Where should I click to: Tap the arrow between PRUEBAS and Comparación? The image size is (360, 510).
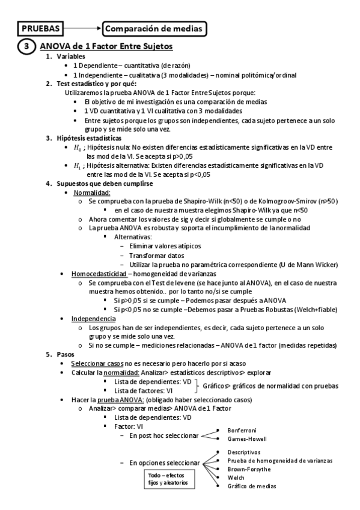82,28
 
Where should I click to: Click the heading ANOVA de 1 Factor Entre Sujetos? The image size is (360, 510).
106,46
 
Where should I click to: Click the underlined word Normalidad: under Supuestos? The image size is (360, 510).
92,192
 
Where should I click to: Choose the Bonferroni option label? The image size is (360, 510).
242,431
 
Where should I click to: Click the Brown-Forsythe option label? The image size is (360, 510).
249,469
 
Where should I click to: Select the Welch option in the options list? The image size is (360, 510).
236,477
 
